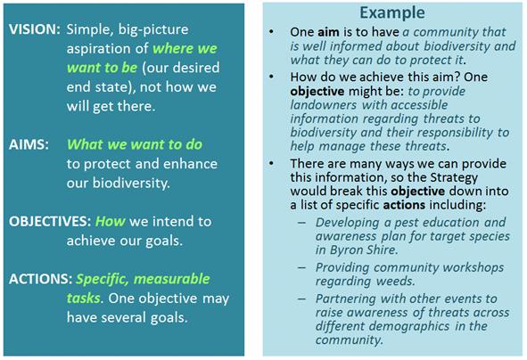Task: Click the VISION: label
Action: pos(35,29)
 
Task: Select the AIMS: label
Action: pos(29,144)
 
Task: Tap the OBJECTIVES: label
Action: pos(50,222)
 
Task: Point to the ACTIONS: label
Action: pos(41,279)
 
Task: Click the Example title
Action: pos(392,13)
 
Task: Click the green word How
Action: pos(111,222)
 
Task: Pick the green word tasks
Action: pos(83,299)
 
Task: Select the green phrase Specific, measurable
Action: pos(143,280)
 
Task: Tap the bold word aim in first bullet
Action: pos(329,32)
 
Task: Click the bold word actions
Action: pos(404,205)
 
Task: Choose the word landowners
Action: pos(324,105)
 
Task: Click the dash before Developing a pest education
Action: pos(301,223)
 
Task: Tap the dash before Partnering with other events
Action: pos(301,299)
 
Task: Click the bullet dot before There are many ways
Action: pos(271,164)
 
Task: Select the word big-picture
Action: pos(153,30)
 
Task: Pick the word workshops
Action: pos(473,268)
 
